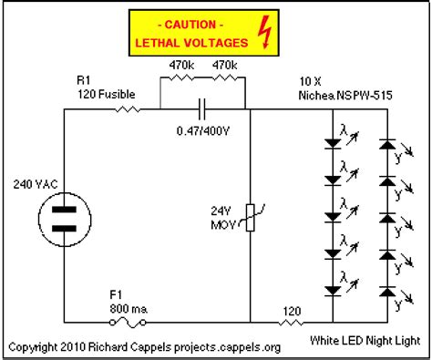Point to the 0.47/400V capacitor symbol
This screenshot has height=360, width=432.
click(x=203, y=110)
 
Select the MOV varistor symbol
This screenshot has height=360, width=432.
click(x=250, y=216)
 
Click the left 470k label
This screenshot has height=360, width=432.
click(x=180, y=65)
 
